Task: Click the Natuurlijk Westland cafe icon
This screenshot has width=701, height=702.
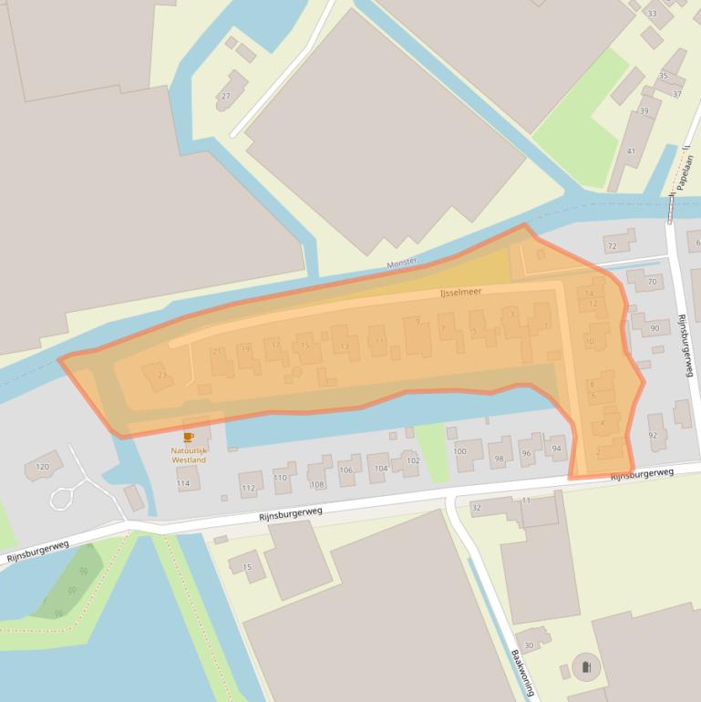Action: tap(189, 438)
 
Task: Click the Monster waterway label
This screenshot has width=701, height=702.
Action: tap(401, 263)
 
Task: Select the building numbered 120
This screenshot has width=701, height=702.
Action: tap(42, 467)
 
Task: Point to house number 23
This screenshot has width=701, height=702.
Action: tap(161, 376)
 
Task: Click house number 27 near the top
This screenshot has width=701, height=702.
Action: tap(225, 96)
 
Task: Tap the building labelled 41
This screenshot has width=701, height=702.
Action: tap(631, 150)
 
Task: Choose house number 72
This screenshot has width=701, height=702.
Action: tap(612, 246)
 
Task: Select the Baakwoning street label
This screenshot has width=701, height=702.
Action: tap(522, 673)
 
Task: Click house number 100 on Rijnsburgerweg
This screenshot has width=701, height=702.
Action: tap(460, 451)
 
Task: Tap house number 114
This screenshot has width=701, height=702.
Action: tap(184, 483)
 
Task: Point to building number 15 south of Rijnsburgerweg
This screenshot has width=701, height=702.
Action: tap(247, 567)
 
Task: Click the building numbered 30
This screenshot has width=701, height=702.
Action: tap(529, 645)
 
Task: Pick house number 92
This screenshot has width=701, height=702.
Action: tap(653, 435)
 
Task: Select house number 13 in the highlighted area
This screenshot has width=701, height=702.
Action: tap(344, 346)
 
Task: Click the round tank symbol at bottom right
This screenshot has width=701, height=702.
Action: tap(583, 668)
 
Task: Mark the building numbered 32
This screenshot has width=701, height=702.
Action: tap(476, 507)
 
